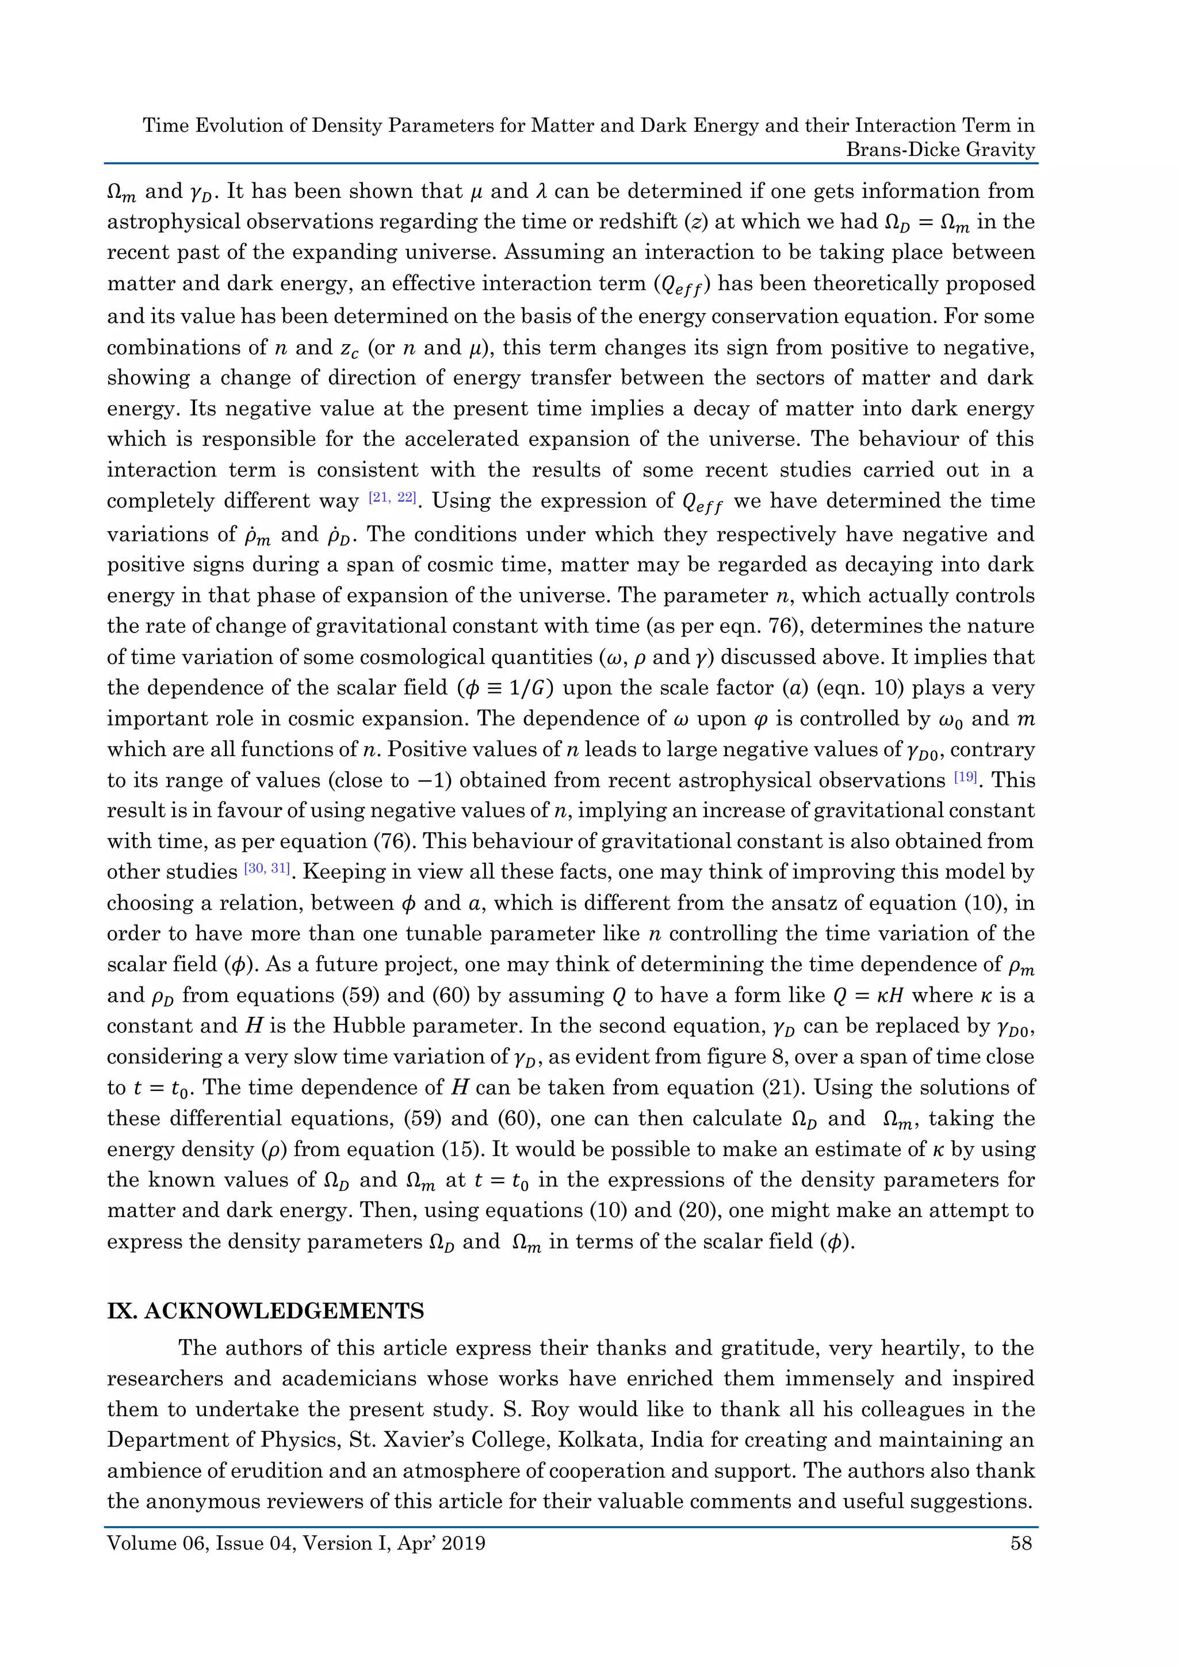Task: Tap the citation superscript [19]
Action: pos(966,778)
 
